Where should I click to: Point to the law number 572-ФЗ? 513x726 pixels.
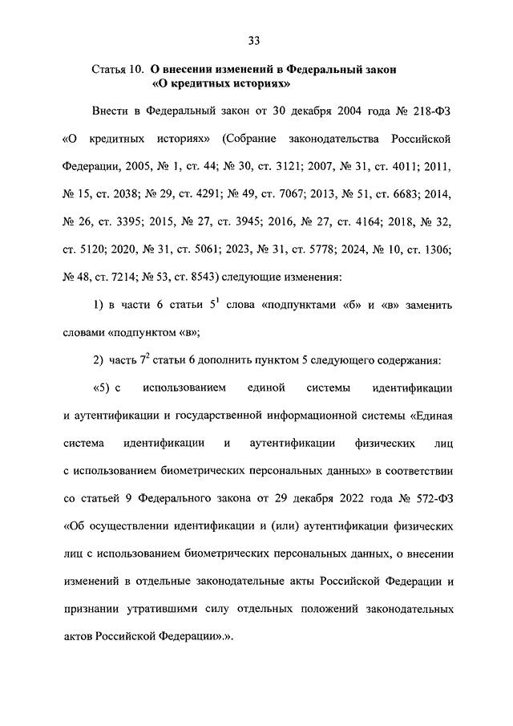[x=431, y=499]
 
